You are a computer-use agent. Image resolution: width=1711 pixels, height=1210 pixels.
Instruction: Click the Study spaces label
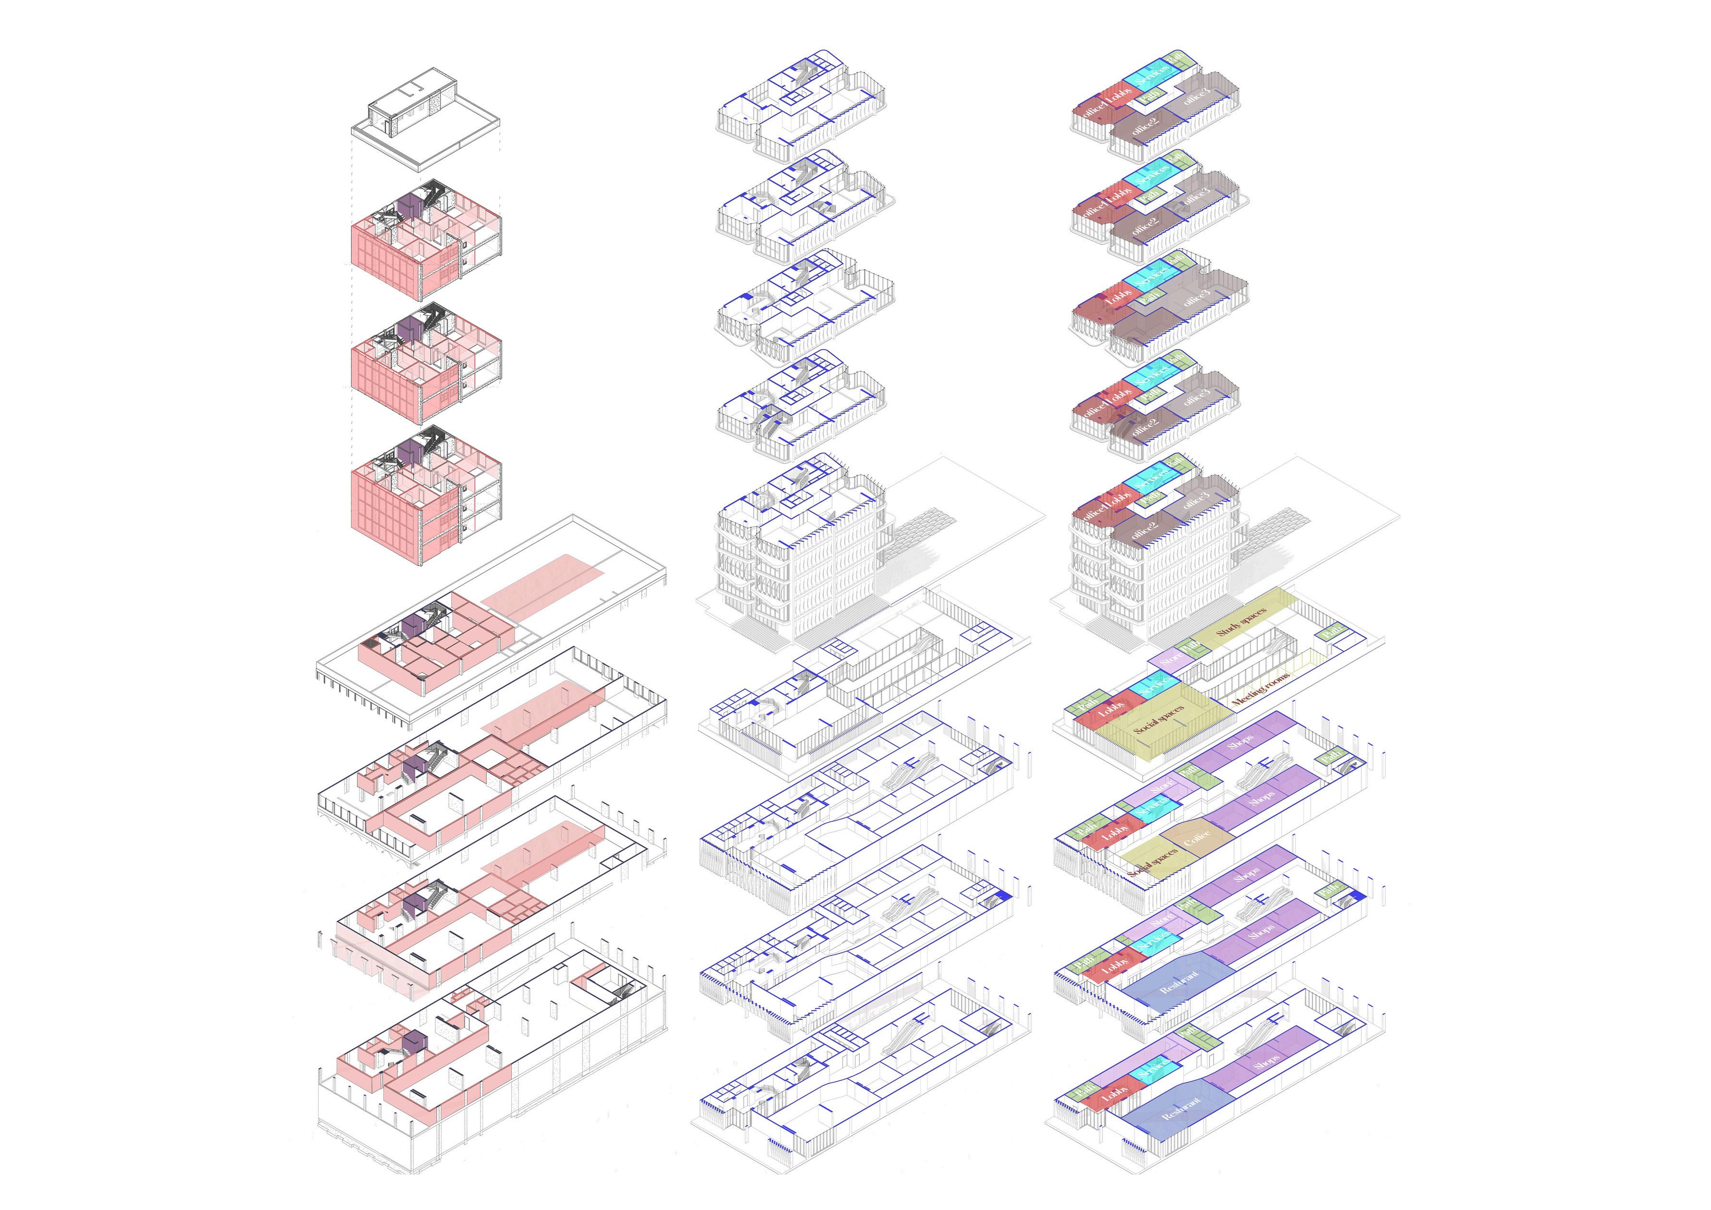click(1241, 622)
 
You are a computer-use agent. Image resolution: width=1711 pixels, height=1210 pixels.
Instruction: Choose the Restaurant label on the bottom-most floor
click(1181, 1113)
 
